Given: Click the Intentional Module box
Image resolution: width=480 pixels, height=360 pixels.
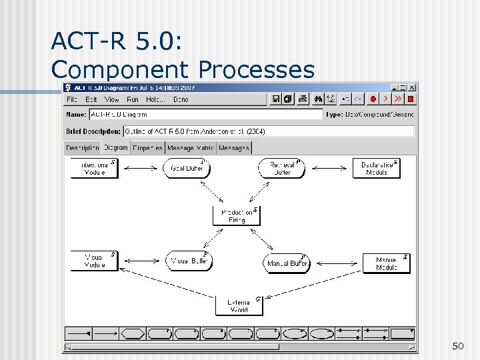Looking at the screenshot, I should [x=94, y=168].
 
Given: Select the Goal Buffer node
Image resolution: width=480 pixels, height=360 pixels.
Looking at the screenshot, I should [x=187, y=168].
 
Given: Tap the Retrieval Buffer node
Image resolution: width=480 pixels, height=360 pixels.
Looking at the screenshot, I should [x=282, y=168].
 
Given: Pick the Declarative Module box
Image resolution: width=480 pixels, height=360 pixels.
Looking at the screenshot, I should [x=377, y=168].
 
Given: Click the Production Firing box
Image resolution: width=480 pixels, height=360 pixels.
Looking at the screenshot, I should [x=237, y=215].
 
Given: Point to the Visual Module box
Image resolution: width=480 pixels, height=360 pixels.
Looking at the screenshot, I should [x=94, y=261].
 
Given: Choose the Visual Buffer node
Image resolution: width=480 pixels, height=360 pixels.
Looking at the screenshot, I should [x=189, y=261].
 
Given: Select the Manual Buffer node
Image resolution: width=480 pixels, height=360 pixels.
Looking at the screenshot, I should [x=287, y=263].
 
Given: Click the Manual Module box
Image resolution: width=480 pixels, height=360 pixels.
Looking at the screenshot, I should [x=386, y=263].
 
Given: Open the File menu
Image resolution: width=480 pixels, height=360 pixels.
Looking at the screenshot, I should [x=71, y=99].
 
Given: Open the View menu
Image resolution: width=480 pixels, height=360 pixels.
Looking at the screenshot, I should [x=111, y=99].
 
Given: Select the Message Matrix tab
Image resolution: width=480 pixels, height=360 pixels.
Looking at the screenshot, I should [x=190, y=148].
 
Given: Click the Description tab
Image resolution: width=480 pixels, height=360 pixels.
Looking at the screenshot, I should [x=83, y=148].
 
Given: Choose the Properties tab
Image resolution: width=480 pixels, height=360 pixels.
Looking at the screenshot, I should [x=147, y=148].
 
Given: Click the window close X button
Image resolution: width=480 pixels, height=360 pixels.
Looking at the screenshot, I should [x=412, y=87].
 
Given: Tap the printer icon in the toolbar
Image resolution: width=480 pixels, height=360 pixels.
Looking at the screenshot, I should [x=303, y=99].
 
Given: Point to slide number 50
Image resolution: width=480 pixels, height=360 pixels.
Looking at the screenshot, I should [x=457, y=345].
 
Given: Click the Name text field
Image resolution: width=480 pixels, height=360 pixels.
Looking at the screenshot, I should [x=205, y=115].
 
